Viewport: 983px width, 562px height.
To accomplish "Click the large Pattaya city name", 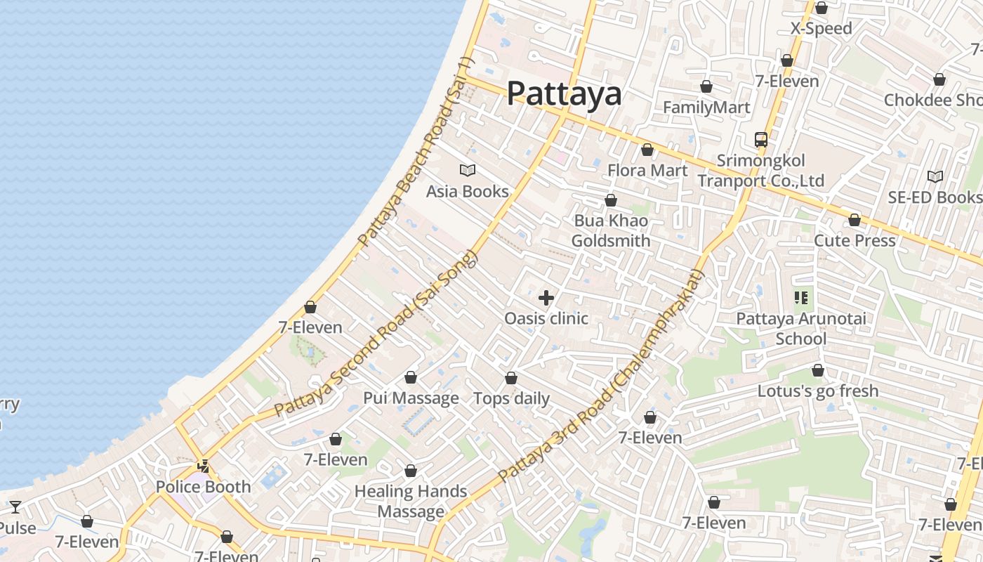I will (564, 93).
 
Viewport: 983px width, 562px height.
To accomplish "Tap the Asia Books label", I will (468, 191).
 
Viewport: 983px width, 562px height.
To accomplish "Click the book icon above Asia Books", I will (468, 170).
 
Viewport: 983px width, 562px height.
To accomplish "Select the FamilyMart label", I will (706, 107).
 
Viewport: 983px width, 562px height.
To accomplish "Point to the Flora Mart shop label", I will (647, 170).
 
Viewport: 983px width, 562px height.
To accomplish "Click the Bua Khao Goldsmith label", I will (610, 230).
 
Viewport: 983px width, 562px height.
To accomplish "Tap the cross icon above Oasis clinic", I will (546, 298).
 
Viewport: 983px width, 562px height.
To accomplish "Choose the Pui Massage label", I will (411, 398).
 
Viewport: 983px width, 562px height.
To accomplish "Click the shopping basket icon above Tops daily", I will (511, 378).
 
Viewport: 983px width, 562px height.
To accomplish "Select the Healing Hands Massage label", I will (411, 501).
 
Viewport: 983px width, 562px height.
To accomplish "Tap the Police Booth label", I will (203, 487).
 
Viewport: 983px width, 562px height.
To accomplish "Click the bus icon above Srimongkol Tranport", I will (761, 139).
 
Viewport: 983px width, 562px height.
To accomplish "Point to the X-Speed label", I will (821, 29).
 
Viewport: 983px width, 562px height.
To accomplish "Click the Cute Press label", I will (855, 240).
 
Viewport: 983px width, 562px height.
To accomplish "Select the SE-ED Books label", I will (935, 197).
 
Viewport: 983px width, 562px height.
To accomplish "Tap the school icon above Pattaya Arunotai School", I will (801, 298).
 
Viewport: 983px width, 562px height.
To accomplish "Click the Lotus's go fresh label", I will (817, 391).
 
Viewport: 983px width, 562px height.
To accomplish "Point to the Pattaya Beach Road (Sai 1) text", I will (416, 151).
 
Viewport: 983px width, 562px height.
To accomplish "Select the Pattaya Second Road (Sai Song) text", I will (376, 334).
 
